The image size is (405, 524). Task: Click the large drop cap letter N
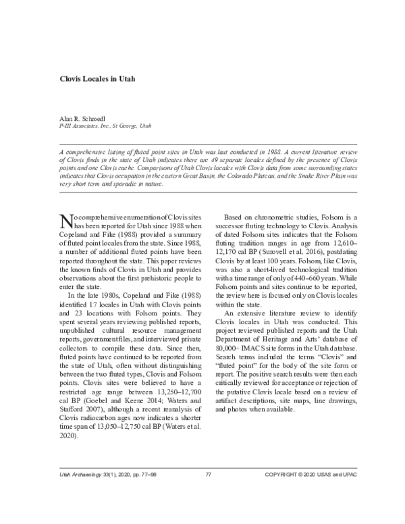pyautogui.click(x=66, y=221)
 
